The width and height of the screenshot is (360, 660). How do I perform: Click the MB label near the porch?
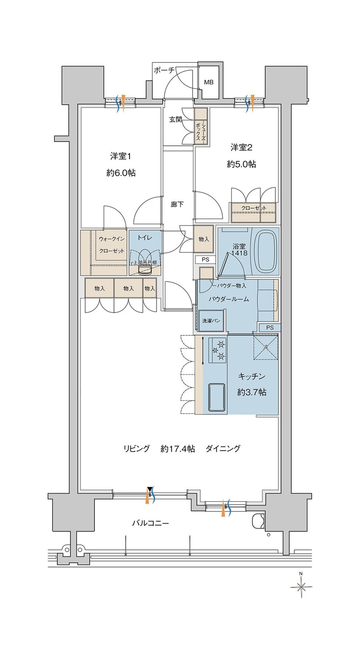(x=209, y=82)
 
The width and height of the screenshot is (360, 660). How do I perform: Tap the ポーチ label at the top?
(x=164, y=70)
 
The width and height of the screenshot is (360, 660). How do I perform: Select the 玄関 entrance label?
(x=175, y=119)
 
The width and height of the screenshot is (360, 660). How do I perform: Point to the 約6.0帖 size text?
(x=121, y=173)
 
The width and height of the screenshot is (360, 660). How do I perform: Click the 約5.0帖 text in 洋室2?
(x=241, y=164)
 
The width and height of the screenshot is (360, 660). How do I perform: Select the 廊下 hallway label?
(x=177, y=204)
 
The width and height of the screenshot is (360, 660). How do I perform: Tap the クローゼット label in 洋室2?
(x=254, y=208)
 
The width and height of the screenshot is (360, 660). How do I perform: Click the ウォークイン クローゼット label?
(x=112, y=245)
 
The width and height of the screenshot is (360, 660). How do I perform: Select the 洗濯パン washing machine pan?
(x=211, y=321)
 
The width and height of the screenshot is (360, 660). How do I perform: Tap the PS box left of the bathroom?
(x=205, y=260)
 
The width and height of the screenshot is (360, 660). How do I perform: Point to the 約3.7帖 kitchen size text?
(x=251, y=392)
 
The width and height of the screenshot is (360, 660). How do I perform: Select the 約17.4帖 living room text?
(x=178, y=449)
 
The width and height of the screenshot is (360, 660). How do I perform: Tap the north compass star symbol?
(x=301, y=587)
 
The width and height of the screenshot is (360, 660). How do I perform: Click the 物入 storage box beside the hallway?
(x=204, y=239)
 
